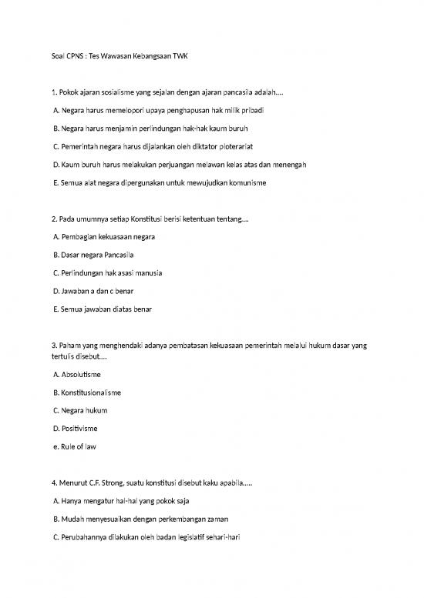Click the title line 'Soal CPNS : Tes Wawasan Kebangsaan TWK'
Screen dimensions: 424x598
pos(122,57)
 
